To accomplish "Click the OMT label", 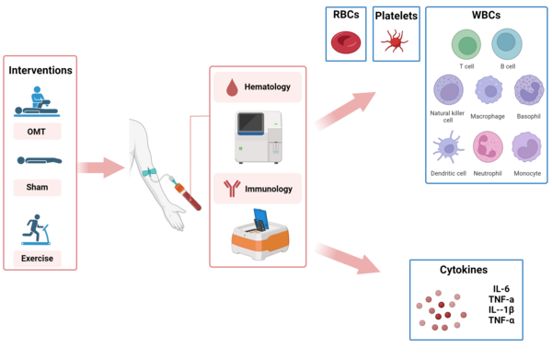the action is (37, 132).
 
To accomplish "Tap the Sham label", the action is (37, 187).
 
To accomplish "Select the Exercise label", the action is (37, 258).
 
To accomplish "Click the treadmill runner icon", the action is (36, 229).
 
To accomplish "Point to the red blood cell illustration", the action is (346, 42).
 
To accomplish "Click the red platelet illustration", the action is (395, 41).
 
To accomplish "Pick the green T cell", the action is (466, 45).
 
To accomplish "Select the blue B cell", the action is (507, 44).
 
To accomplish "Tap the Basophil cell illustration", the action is (529, 90).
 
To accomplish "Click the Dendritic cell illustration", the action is (448, 147).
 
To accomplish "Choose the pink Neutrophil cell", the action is (488, 147).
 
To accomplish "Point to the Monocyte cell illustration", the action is (526, 147).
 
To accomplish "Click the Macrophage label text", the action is (488, 116).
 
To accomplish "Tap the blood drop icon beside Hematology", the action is (232, 87).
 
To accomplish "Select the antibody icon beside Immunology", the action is (232, 188).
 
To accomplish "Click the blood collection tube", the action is (188, 195).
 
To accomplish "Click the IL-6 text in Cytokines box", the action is (501, 289).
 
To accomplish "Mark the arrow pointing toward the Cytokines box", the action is (348, 258).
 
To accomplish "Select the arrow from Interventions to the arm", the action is (101, 168).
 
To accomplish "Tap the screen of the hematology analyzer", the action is (250, 122).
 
